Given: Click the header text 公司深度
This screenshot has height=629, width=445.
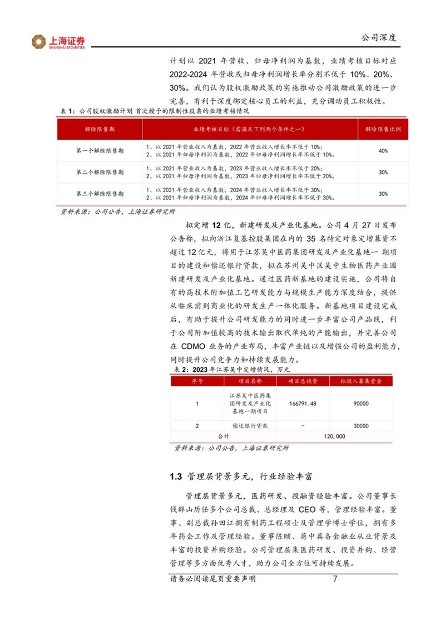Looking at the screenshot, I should click(378, 38).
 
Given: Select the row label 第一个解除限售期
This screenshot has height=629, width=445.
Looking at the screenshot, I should click(100, 151).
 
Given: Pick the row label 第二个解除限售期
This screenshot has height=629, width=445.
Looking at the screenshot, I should click(100, 173).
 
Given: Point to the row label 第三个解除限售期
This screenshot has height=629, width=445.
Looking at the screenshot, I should click(100, 194).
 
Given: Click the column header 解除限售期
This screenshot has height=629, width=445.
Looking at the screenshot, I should click(100, 129).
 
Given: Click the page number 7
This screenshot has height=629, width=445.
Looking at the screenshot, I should click(335, 579).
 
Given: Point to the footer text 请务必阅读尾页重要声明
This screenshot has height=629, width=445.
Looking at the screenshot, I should click(212, 579).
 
